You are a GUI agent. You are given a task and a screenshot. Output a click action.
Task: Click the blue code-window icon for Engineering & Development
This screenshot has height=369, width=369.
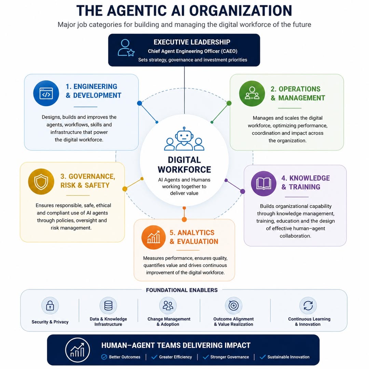click(x=46, y=93)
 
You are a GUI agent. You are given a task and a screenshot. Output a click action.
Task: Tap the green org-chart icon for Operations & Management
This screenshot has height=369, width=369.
click(x=252, y=93)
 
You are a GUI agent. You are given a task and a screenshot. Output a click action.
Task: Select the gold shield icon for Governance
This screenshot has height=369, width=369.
click(x=41, y=181)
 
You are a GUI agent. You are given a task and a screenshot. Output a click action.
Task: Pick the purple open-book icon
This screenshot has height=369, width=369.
click(x=263, y=183)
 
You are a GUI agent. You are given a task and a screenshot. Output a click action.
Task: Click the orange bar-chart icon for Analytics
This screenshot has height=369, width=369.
click(x=153, y=237)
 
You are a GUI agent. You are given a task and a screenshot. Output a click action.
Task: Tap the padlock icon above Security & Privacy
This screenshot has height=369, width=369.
click(x=50, y=305)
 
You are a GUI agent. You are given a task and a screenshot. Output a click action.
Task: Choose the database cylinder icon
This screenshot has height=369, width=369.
click(x=108, y=305)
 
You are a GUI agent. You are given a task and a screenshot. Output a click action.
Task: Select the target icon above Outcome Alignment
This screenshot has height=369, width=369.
click(x=233, y=305)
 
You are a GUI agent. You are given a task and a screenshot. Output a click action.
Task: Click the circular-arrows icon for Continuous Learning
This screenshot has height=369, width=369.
click(x=308, y=305)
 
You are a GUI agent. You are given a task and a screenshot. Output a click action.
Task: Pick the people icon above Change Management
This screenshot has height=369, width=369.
click(x=168, y=305)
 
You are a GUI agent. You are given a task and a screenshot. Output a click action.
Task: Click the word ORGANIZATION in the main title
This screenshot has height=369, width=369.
click(x=241, y=11)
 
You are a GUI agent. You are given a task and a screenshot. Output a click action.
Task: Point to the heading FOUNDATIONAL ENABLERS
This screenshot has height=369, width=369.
click(x=182, y=290)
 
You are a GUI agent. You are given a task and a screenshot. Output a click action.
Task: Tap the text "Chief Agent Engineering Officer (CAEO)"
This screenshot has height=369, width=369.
click(x=192, y=51)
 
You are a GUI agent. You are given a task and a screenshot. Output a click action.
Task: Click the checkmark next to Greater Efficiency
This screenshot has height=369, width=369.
click(x=154, y=357)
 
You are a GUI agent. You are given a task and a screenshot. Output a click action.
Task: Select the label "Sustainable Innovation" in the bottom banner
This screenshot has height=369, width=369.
click(x=288, y=357)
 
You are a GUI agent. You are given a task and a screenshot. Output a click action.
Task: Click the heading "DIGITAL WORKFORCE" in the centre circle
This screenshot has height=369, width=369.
click(x=184, y=165)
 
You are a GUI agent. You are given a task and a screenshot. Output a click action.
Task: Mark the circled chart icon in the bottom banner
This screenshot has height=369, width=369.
click(x=78, y=350)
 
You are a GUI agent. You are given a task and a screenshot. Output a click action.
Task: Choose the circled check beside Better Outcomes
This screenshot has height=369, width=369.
click(x=104, y=357)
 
